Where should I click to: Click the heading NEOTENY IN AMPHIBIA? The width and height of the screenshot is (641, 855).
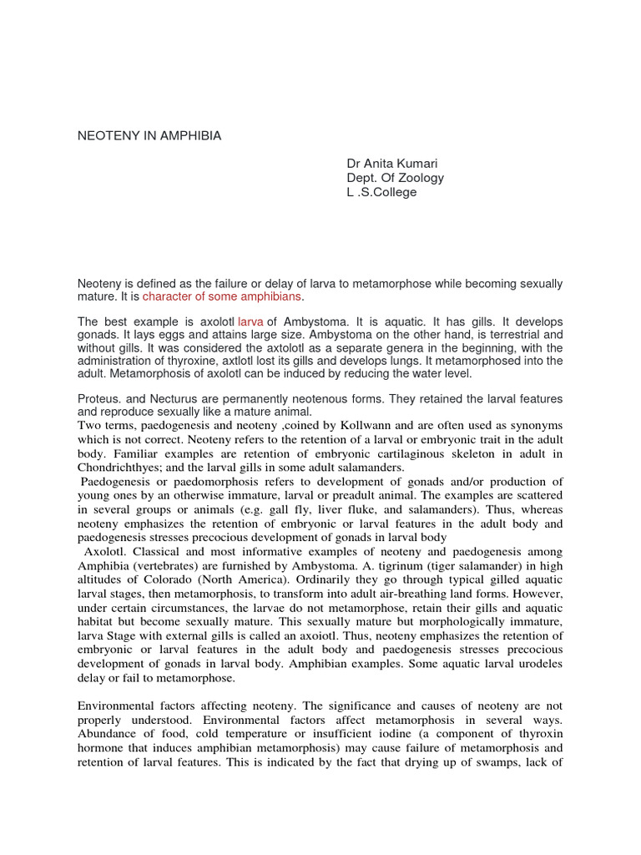(149, 135)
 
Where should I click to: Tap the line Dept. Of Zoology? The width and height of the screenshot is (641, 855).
(396, 178)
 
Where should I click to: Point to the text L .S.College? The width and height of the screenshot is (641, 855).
(381, 192)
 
